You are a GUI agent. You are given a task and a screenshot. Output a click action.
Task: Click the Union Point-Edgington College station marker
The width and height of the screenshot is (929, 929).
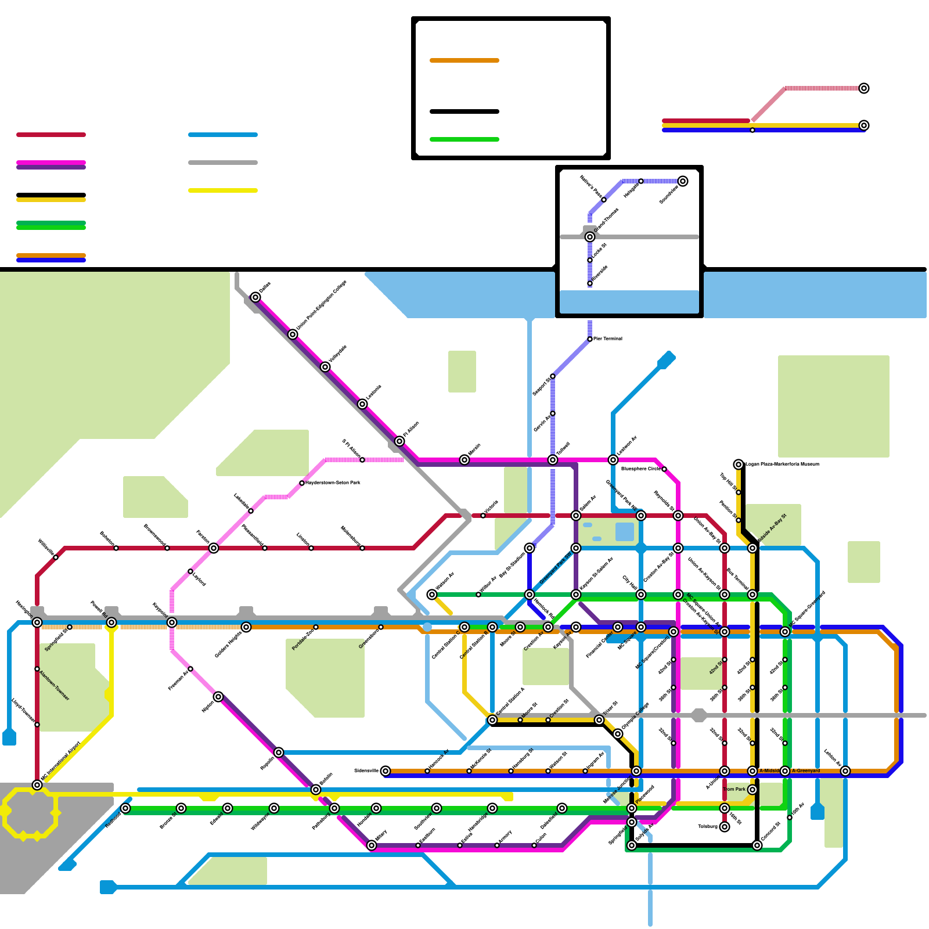(x=293, y=334)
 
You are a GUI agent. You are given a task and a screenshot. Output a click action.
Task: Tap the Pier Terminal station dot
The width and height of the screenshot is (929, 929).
(x=590, y=339)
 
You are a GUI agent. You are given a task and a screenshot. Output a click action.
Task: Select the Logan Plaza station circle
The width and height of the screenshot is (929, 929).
(x=739, y=464)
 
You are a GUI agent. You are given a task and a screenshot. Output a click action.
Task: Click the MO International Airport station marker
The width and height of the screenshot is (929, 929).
(x=37, y=785)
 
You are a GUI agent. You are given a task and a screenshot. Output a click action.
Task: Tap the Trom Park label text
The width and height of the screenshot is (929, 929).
(x=734, y=789)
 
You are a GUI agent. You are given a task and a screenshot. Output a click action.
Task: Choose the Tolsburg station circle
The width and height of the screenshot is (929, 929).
(x=725, y=827)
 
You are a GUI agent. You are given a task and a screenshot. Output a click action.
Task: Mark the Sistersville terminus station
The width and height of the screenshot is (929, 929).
(x=386, y=771)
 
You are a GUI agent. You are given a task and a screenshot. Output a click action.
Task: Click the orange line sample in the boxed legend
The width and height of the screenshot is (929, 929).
(x=464, y=60)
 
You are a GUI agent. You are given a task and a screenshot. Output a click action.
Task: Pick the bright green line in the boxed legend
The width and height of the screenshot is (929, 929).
(x=464, y=139)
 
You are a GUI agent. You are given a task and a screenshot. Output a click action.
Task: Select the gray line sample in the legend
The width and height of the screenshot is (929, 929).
(x=223, y=163)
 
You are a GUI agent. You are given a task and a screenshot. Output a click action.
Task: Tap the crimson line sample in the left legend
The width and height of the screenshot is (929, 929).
(x=51, y=135)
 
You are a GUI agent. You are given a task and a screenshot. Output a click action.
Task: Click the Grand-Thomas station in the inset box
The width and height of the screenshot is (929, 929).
(x=590, y=237)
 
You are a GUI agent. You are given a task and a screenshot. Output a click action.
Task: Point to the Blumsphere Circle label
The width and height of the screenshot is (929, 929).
(x=640, y=469)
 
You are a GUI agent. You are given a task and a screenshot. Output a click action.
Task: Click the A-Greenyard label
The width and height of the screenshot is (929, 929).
(x=806, y=770)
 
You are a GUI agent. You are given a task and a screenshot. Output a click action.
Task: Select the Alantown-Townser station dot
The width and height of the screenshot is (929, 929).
(x=37, y=669)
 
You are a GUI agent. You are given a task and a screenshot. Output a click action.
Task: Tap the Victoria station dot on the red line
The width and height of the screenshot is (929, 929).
(x=483, y=516)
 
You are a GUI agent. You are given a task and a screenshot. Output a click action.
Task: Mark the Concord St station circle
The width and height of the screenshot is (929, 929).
(x=757, y=845)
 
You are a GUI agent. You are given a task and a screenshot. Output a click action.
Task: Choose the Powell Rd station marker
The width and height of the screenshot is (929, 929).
(x=111, y=622)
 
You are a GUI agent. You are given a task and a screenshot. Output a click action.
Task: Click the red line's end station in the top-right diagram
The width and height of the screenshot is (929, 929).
(x=864, y=88)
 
